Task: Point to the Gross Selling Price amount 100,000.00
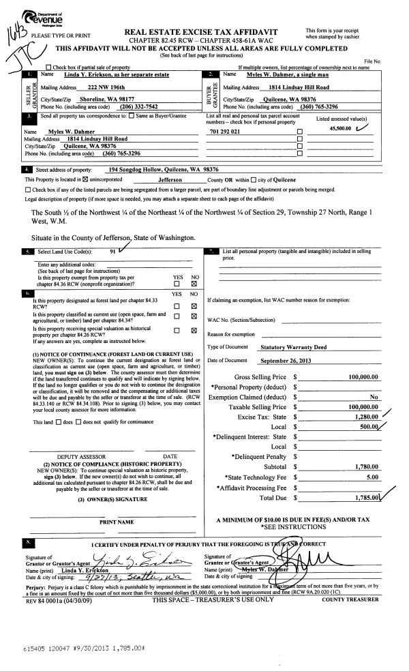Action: (362, 376)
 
